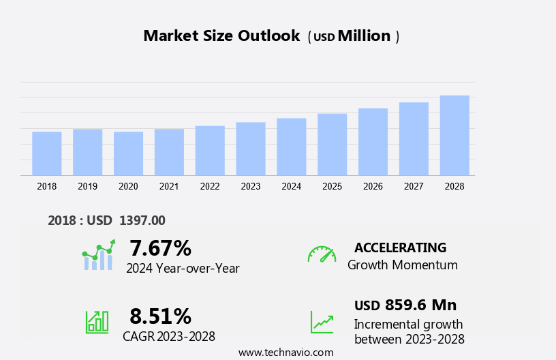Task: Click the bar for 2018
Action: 47,153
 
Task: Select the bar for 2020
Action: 128,153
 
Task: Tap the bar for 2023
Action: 251,149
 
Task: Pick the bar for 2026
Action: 373,142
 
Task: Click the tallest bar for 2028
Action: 454,135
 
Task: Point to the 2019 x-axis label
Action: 87,186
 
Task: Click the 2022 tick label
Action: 210,186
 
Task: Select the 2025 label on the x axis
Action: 332,186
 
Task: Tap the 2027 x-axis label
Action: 414,186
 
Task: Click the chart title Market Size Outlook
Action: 221,36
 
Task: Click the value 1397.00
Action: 142,220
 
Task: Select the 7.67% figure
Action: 160,247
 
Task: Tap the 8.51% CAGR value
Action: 160,316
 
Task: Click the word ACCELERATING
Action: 400,247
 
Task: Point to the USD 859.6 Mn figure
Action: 405,305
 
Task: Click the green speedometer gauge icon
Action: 322,254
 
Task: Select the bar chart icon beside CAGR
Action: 97,321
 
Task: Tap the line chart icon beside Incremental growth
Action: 322,322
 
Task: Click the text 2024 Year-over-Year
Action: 183,268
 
